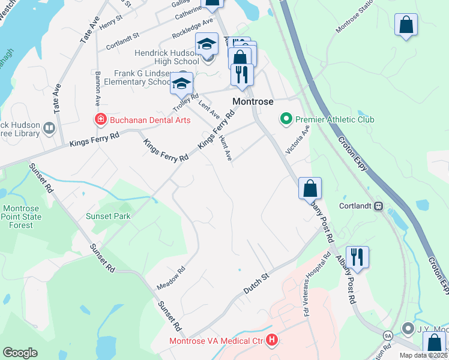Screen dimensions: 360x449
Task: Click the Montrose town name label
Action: (x=253, y=102)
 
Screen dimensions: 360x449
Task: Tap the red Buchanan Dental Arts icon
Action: (x=100, y=120)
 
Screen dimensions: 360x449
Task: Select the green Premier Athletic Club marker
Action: (x=286, y=119)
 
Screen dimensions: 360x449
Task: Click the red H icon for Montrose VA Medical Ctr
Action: (x=272, y=341)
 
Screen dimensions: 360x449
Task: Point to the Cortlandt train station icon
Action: (x=379, y=206)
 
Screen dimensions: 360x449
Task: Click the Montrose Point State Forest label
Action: (x=21, y=217)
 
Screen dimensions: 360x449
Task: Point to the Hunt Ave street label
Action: (x=225, y=148)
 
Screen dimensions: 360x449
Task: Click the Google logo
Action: (x=20, y=353)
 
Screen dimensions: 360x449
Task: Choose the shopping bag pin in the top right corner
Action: (x=406, y=25)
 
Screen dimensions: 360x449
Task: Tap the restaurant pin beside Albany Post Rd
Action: (x=357, y=257)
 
